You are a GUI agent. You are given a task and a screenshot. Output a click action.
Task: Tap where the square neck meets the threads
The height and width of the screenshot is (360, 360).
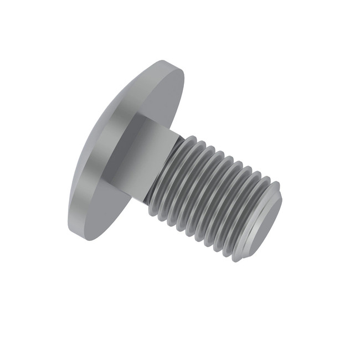pos(166,166)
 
